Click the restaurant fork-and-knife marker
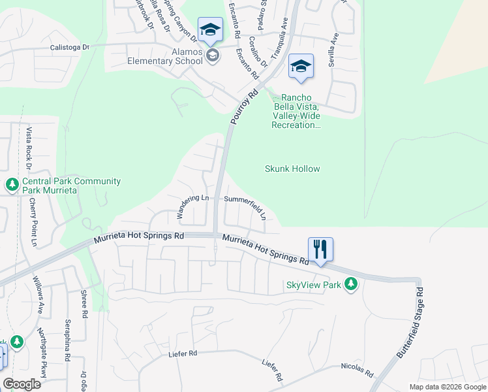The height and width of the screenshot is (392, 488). pos(320,250)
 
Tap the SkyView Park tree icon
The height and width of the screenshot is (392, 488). pos(351,284)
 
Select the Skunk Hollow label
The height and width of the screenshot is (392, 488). pos(292,169)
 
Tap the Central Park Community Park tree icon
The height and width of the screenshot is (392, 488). pos(12,185)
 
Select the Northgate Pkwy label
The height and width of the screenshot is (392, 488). pos(43,363)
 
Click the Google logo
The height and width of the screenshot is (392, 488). pos(22,384)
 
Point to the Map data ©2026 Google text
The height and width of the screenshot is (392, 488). pos(447,387)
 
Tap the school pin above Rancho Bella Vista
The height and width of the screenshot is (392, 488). pos(301,67)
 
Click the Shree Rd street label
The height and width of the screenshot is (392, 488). pos(84,304)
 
